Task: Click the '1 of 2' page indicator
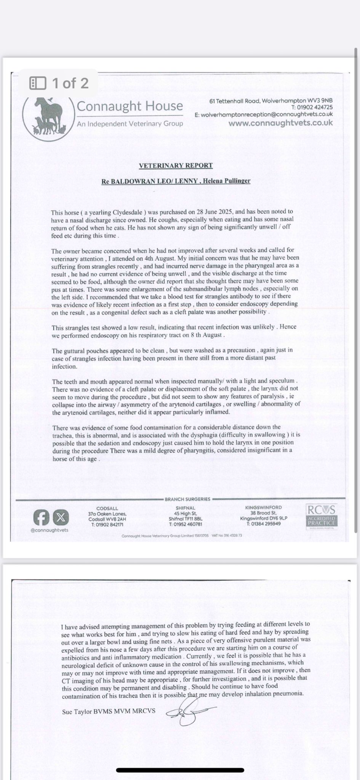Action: click(x=60, y=83)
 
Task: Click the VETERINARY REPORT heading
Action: click(x=176, y=165)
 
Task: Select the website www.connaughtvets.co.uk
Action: click(x=280, y=123)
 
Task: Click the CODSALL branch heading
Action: click(x=107, y=508)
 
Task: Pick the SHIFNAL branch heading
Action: click(x=185, y=508)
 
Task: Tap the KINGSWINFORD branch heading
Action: click(x=264, y=507)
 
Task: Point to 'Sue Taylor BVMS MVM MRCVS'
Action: click(x=108, y=711)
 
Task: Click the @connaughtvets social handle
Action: click(x=49, y=530)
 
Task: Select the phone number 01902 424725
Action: click(x=312, y=107)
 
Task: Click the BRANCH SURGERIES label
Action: click(x=187, y=499)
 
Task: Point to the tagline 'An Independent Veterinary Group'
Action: click(x=130, y=124)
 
